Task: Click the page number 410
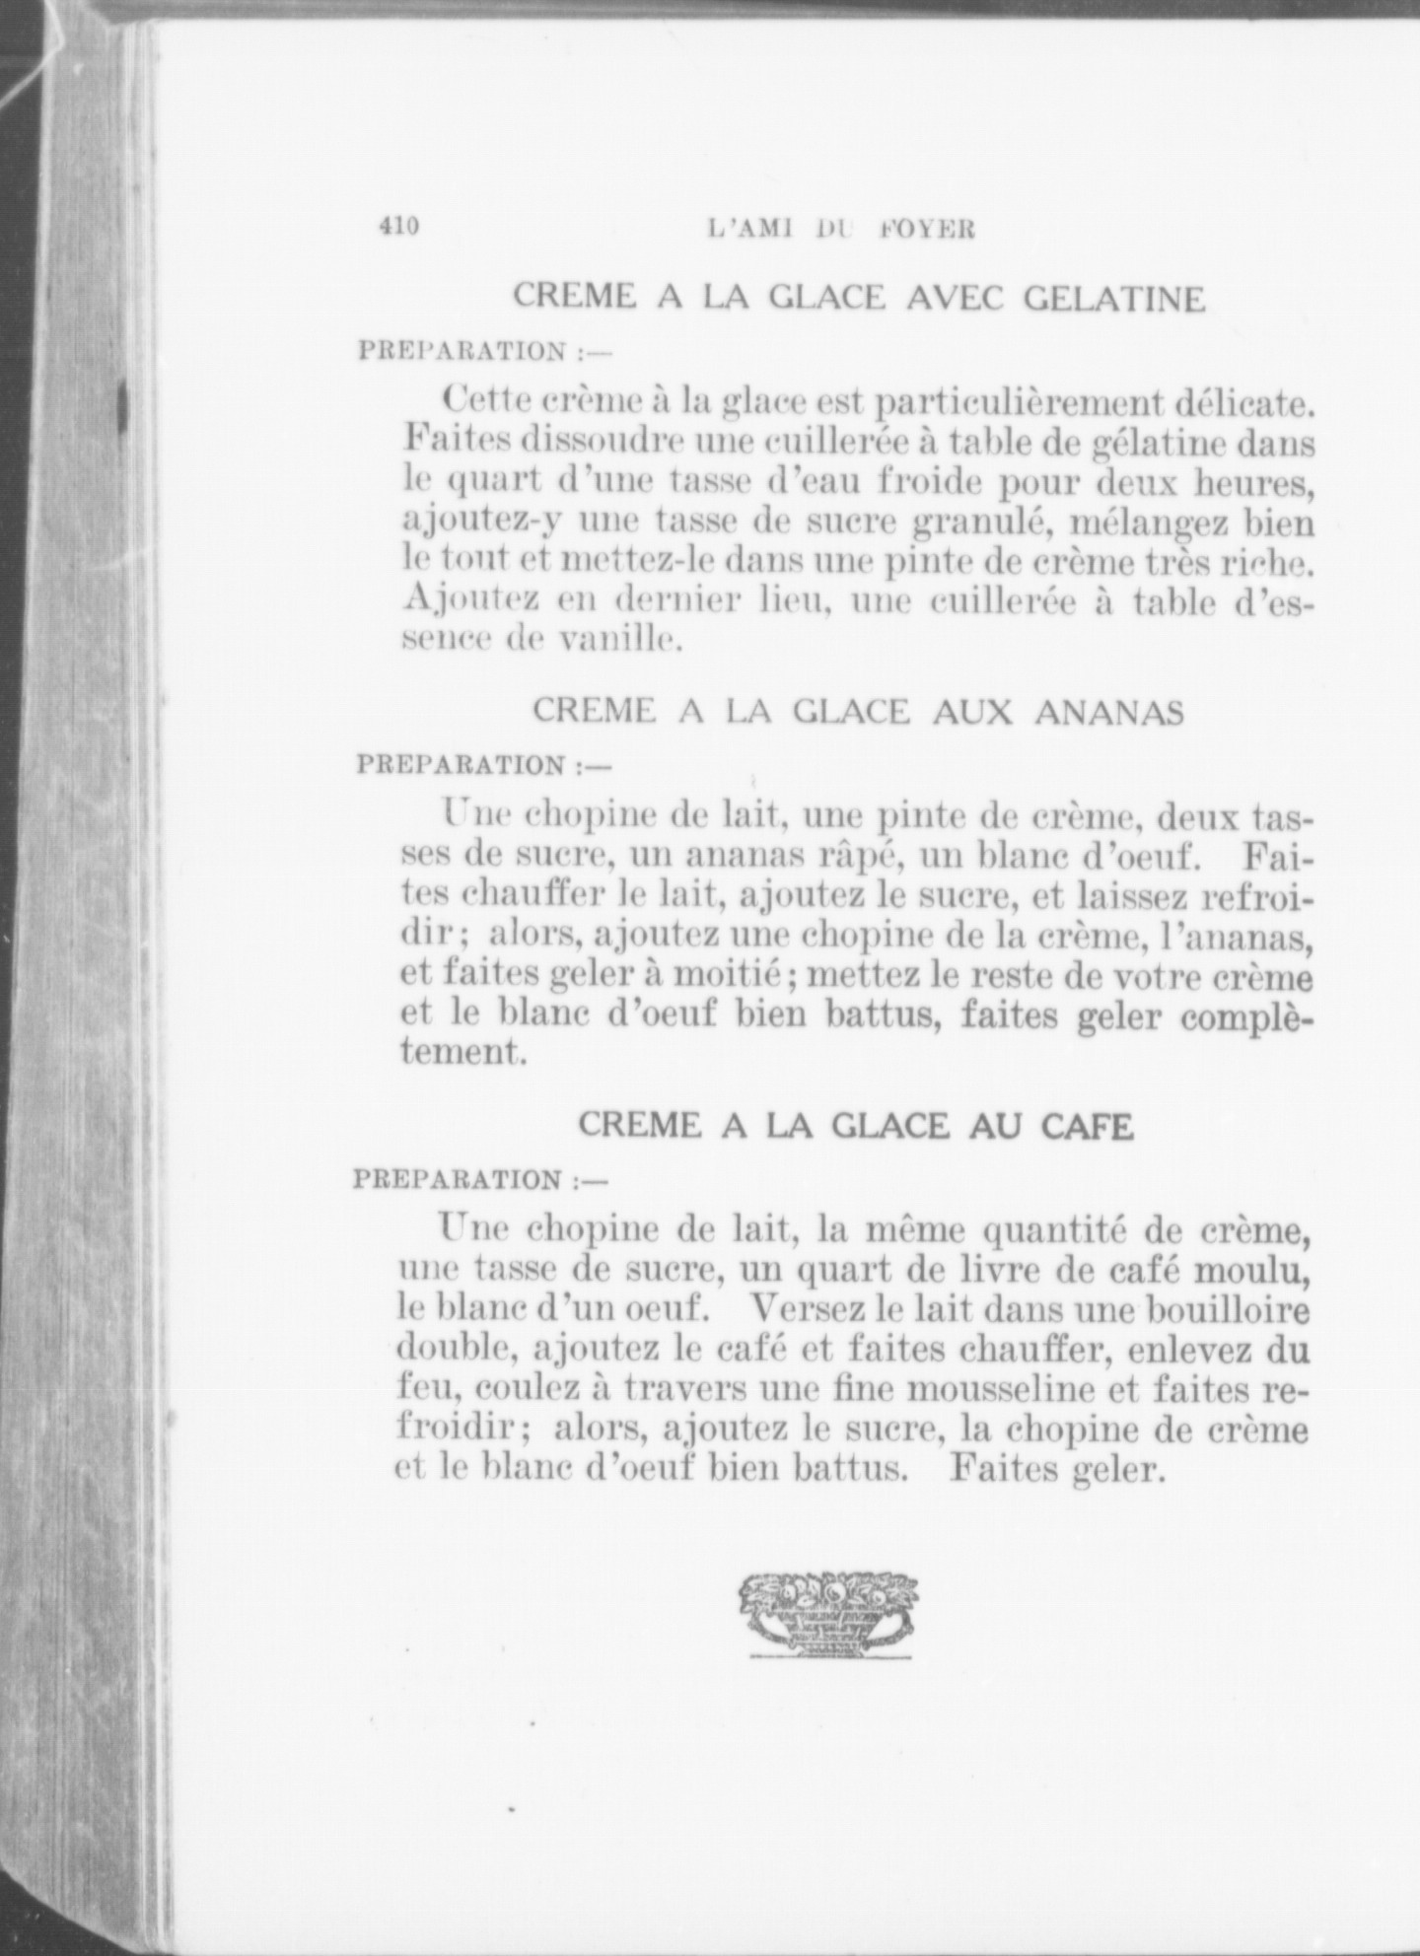398,226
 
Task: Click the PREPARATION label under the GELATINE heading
461,351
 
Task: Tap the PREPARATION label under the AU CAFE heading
459,1179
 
